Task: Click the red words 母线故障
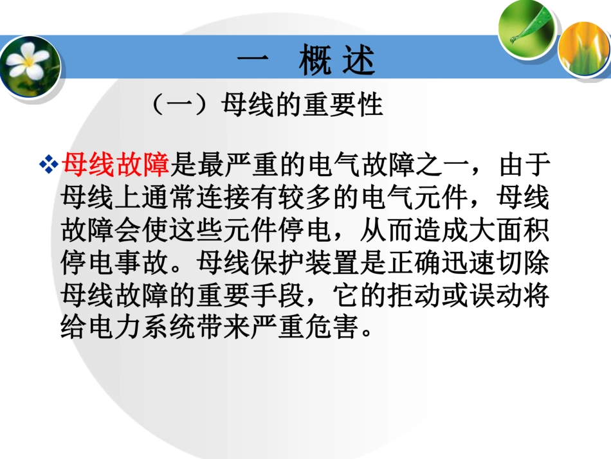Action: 116,165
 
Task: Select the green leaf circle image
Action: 527,29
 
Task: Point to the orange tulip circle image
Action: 583,49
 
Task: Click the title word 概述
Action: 336,62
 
